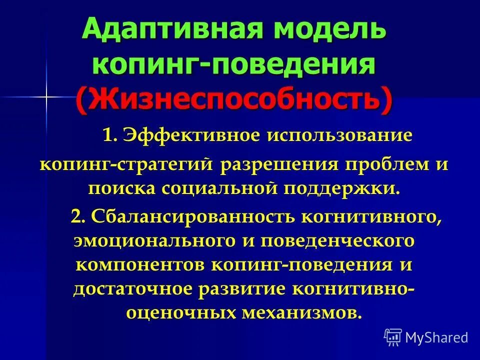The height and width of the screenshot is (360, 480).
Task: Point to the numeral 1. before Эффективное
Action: click(x=109, y=135)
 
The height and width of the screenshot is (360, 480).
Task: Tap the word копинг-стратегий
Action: click(x=127, y=164)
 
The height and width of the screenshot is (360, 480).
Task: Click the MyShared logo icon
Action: click(x=392, y=337)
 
